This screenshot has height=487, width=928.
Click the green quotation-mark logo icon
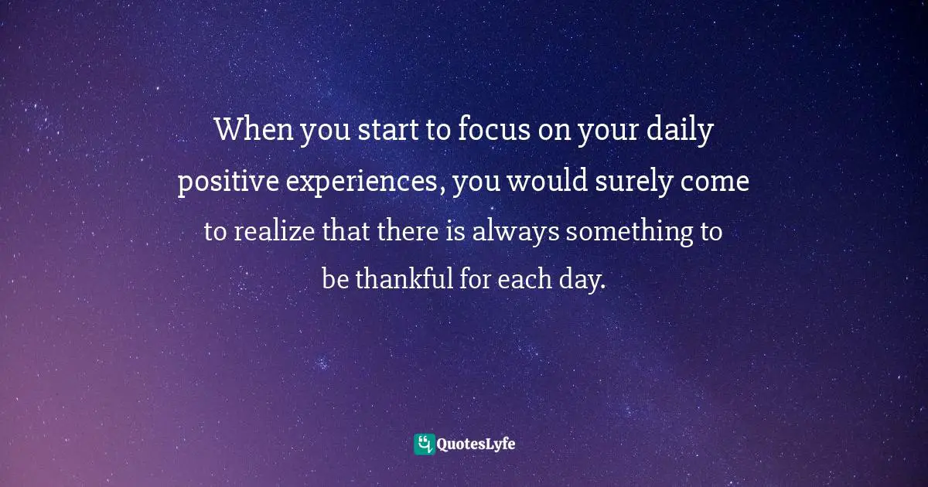pos(424,444)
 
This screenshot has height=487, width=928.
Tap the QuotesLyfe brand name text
pos(476,444)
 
